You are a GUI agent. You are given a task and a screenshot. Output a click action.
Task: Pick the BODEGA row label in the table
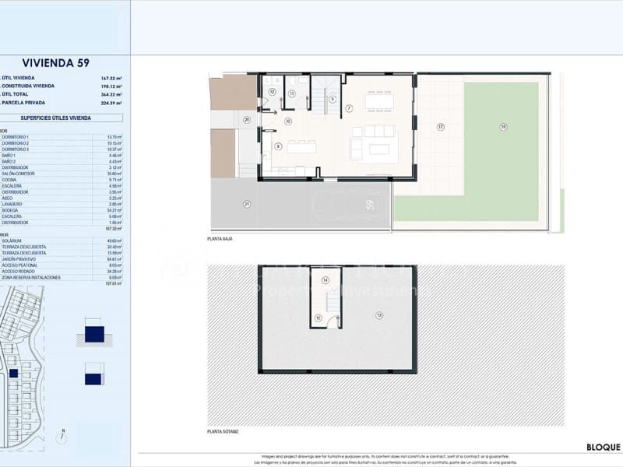click(x=11, y=210)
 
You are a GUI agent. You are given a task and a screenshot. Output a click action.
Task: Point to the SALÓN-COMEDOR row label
click(x=19, y=174)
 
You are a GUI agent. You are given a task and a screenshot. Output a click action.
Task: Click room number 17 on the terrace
click(x=440, y=127)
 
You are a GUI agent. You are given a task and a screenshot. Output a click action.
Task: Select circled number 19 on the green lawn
click(x=503, y=126)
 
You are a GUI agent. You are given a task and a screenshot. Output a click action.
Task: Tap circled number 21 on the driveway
click(x=247, y=204)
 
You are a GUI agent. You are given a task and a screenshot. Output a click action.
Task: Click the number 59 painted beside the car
click(x=370, y=205)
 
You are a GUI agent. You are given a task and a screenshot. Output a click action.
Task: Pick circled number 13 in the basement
click(x=379, y=315)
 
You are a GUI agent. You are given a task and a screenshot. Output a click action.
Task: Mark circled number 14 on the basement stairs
click(x=326, y=280)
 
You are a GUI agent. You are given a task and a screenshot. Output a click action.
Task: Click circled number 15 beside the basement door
click(x=318, y=318)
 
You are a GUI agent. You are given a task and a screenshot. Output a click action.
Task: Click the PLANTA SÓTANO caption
click(x=223, y=431)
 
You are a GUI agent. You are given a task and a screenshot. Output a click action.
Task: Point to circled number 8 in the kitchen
click(x=278, y=146)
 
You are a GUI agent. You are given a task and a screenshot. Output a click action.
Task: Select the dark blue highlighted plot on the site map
click(x=13, y=374)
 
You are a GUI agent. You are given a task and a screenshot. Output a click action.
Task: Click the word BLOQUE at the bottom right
click(x=603, y=448)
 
